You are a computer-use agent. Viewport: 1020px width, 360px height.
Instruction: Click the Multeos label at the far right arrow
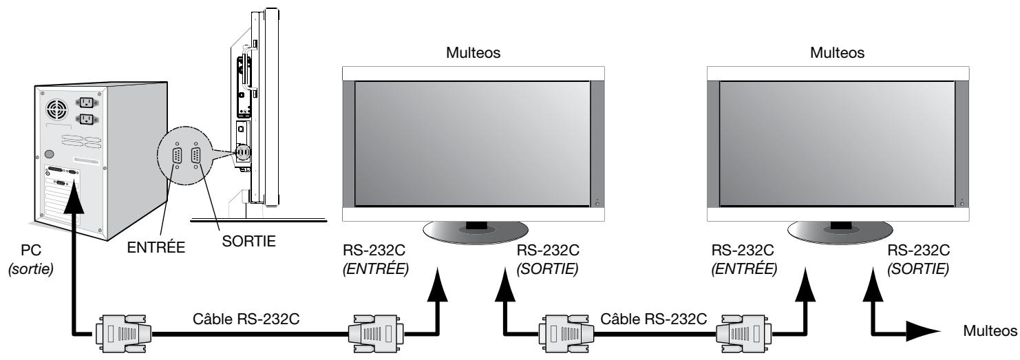pos(992,330)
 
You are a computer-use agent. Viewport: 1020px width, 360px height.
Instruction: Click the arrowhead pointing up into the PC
pos(72,196)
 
